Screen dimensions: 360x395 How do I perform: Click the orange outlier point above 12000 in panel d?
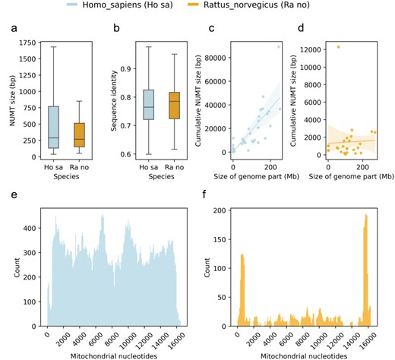pyautogui.click(x=338, y=47)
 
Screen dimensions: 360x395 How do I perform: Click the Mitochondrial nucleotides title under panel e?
pyautogui.click(x=104, y=352)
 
